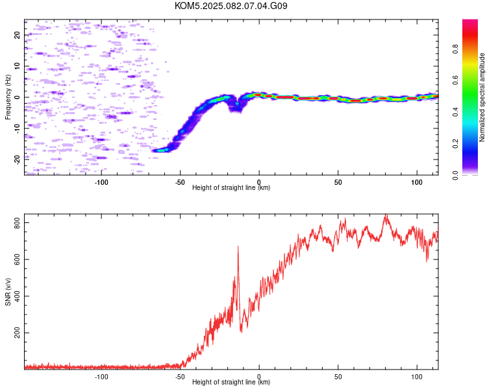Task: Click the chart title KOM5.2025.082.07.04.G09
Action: [231, 6]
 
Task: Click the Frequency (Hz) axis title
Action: [8, 97]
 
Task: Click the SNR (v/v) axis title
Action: [8, 292]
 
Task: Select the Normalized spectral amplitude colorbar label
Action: [482, 97]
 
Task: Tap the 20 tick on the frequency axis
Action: [17, 34]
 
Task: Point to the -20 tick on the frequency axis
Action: [17, 159]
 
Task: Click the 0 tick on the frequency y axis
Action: [17, 97]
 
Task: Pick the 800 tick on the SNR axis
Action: [17, 223]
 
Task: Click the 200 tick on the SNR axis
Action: [17, 333]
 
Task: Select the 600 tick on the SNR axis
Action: [17, 259]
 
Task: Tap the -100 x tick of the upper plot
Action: [101, 182]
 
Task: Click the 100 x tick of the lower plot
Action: [417, 377]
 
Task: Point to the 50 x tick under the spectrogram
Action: [338, 182]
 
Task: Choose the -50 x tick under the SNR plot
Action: [180, 377]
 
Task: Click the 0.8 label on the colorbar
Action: [455, 49]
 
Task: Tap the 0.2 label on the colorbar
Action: [455, 143]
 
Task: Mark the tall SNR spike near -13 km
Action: [238, 246]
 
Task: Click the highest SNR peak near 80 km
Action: [386, 215]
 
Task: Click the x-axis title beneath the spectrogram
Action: [231, 187]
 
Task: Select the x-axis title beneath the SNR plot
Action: [231, 382]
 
